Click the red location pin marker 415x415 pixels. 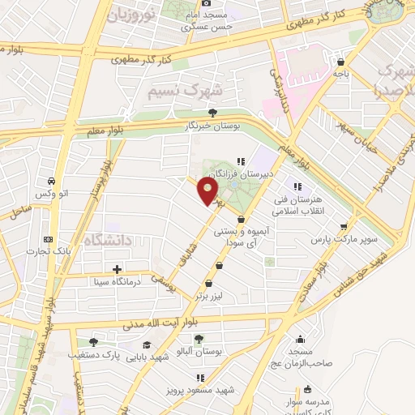click(209, 192)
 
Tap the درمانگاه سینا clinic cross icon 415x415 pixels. click(118, 269)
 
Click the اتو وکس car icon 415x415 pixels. click(52, 180)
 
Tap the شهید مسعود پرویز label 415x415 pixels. click(209, 390)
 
